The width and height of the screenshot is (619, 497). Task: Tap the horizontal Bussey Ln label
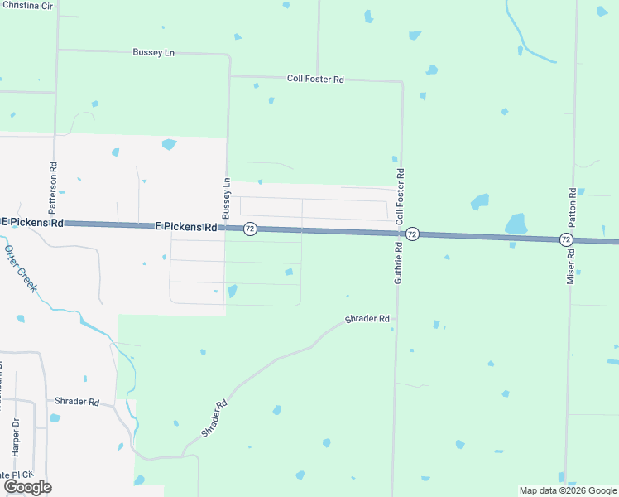tap(154, 52)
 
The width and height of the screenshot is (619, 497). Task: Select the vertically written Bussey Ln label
tap(226, 196)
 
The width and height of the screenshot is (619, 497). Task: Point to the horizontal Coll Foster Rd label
tap(315, 79)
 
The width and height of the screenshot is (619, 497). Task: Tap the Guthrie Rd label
tap(398, 263)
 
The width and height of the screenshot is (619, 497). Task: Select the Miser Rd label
tap(570, 263)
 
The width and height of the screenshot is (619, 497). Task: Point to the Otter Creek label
tap(21, 268)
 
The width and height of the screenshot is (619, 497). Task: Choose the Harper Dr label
tap(15, 438)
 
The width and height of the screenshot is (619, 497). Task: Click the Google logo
tap(27, 487)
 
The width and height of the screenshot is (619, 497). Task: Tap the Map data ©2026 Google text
tap(568, 490)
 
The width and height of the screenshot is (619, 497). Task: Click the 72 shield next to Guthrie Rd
tap(412, 234)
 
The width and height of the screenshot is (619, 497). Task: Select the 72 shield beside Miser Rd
tap(565, 239)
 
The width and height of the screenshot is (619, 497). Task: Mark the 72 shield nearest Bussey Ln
tap(250, 229)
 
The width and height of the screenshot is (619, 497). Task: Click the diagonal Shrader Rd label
tap(214, 420)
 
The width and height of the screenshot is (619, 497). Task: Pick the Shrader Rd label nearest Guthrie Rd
tap(367, 319)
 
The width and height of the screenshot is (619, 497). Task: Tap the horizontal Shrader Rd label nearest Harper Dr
tap(76, 402)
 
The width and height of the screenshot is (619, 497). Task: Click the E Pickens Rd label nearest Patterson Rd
tap(33, 222)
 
